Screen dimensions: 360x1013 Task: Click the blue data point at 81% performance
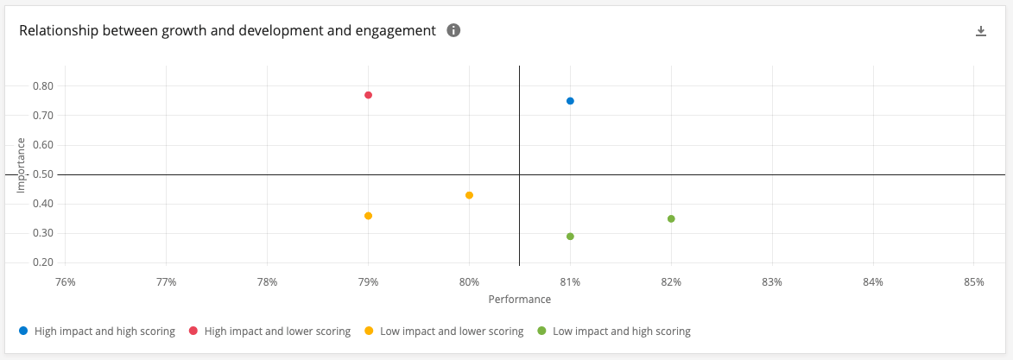570,101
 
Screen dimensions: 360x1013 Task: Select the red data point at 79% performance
368,95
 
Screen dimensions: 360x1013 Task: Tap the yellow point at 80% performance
469,195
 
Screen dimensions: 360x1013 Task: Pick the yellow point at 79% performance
368,216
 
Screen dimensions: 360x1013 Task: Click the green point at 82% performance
671,218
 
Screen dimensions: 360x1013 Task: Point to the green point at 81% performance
570,237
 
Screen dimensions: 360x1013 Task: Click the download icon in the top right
980,31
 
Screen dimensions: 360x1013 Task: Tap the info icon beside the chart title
453,30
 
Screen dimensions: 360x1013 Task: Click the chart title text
227,30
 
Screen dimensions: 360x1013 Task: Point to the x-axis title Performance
519,299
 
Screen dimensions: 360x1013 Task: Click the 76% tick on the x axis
65,281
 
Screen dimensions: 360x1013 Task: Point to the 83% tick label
772,281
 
